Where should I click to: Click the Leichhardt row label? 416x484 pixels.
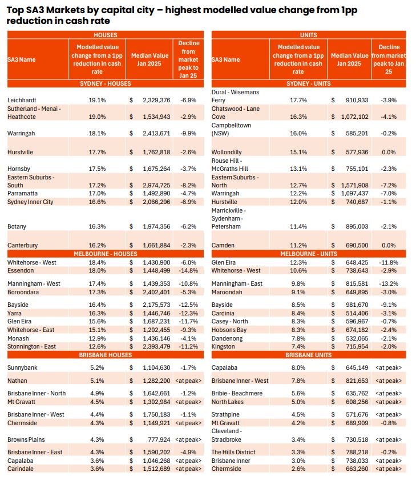pyautogui.click(x=21, y=100)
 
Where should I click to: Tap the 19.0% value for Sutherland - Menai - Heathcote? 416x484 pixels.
pyautogui.click(x=97, y=117)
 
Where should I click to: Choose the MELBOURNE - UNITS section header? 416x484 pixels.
pyautogui.click(x=308, y=254)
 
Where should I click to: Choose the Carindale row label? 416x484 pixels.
pyautogui.click(x=22, y=469)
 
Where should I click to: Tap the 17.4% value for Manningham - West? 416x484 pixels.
pyautogui.click(x=97, y=283)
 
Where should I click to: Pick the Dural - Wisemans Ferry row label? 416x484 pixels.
pyautogui.click(x=235, y=96)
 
